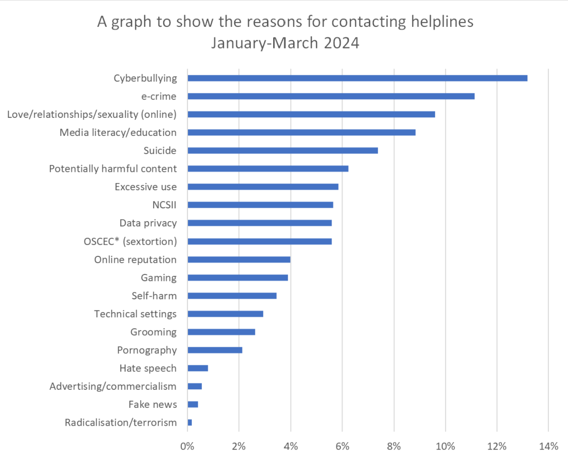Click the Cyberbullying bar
[x=357, y=78]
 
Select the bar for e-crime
[x=331, y=96]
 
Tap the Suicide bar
[x=282, y=150]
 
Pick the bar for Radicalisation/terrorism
[x=190, y=422]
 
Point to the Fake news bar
[x=193, y=404]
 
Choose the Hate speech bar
[x=197, y=368]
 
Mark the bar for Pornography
[x=215, y=350]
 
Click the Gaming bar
[x=238, y=278]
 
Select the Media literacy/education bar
[x=301, y=132]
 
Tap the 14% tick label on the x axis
[x=549, y=446]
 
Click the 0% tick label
[x=187, y=446]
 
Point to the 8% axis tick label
[x=394, y=446]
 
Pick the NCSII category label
[x=164, y=205]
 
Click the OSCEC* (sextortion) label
[x=130, y=241]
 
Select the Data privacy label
[x=148, y=223]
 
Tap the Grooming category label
[x=153, y=332]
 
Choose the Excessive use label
[x=145, y=187]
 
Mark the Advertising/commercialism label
[x=113, y=386]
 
